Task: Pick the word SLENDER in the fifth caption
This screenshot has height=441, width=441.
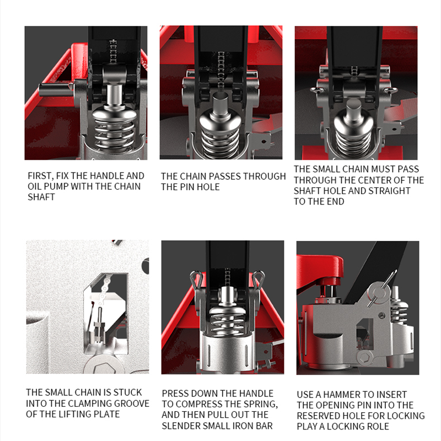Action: click(x=181, y=426)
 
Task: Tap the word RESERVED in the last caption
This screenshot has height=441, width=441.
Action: click(x=319, y=416)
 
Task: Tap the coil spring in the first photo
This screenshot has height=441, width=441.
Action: click(x=114, y=135)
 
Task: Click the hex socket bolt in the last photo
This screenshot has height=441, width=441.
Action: click(x=365, y=358)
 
